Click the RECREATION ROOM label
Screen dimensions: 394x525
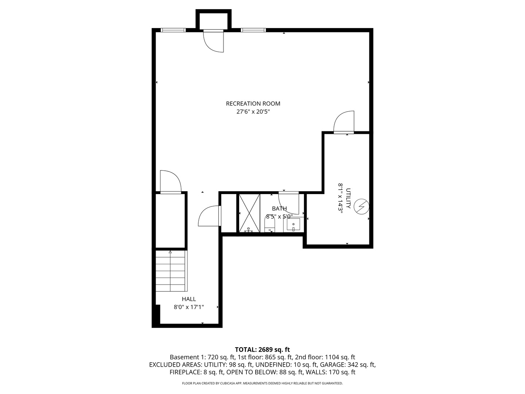(253, 104)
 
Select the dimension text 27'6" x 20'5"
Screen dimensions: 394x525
(253, 112)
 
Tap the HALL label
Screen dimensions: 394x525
(189, 299)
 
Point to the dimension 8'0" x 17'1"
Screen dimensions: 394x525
(189, 307)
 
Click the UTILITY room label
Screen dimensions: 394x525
(348, 198)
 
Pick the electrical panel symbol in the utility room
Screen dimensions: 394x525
(362, 207)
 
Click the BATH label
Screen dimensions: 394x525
(279, 209)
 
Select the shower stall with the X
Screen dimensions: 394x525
(249, 213)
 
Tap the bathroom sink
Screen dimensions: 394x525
(293, 225)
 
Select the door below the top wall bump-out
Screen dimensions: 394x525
(214, 41)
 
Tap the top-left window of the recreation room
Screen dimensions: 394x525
(174, 30)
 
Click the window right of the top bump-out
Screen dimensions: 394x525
(253, 30)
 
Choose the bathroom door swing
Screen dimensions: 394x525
(289, 203)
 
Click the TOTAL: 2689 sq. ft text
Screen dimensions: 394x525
(262, 349)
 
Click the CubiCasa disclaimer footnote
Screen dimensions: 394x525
(262, 383)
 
